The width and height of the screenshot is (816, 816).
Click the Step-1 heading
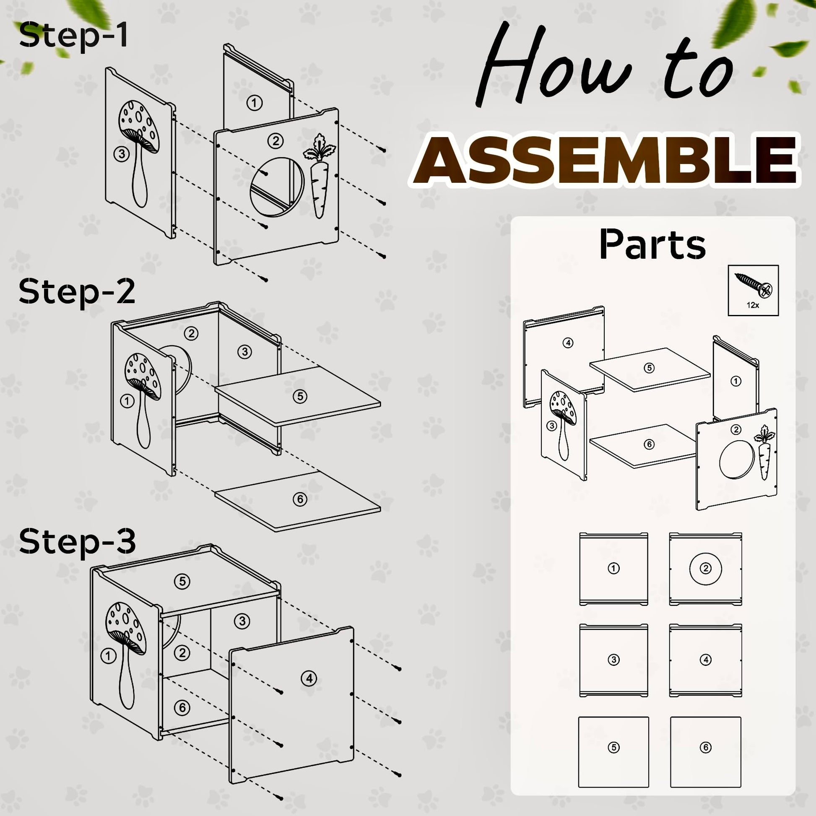coord(73,36)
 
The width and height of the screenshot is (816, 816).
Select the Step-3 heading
coord(77,541)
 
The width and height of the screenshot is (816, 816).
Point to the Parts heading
coord(652,244)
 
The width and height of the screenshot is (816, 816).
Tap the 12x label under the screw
coord(753,305)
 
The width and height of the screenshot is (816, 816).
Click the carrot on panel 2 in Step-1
coord(320,176)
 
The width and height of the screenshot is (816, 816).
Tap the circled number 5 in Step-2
coord(300,396)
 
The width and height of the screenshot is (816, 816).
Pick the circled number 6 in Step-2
coord(300,499)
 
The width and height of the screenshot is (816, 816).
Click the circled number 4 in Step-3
coord(309,679)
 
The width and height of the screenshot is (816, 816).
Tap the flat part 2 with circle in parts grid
coord(705,569)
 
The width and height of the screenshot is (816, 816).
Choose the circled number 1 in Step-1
coord(254,103)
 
